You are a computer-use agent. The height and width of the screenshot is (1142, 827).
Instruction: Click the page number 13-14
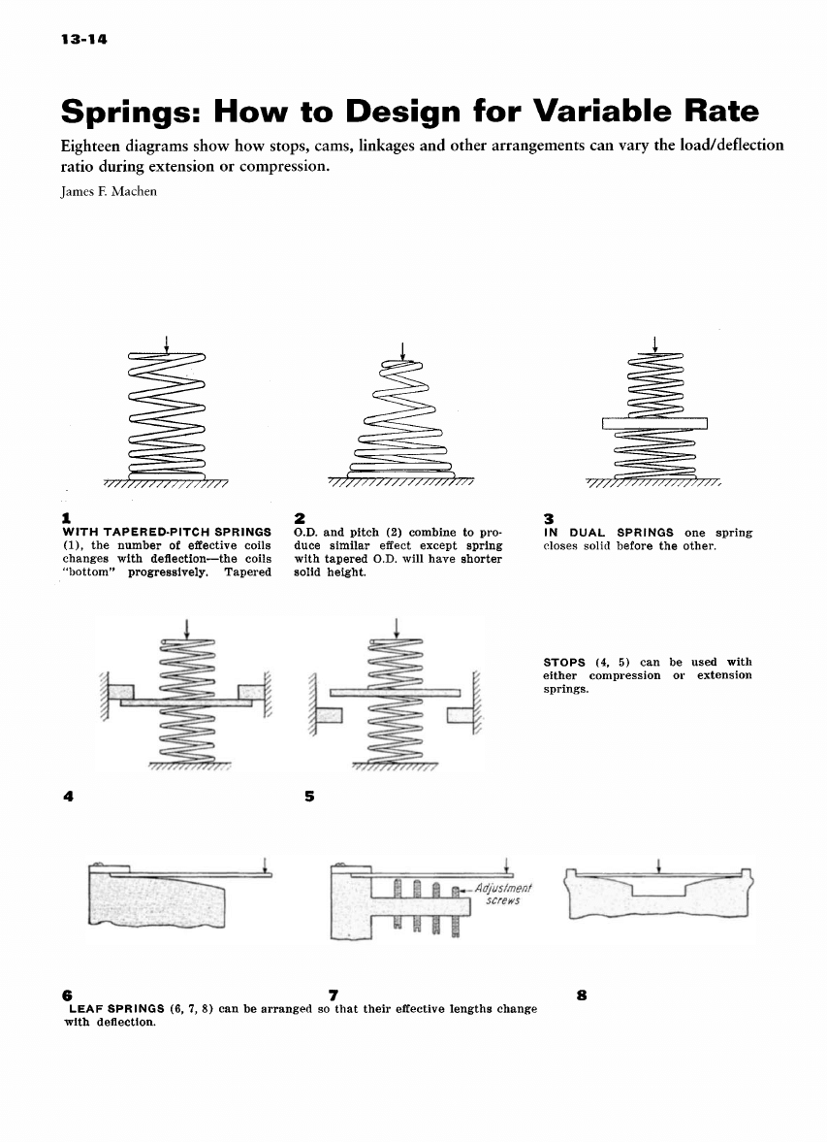coord(83,40)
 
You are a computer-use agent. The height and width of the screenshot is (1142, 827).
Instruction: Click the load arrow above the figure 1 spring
coord(167,344)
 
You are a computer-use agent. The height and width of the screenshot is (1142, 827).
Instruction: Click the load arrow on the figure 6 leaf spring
coord(265,863)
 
